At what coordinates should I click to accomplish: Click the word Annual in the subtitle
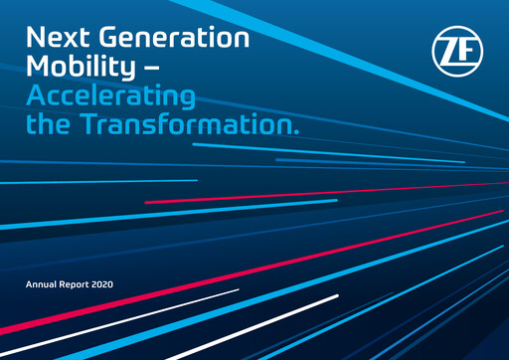point(43,285)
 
